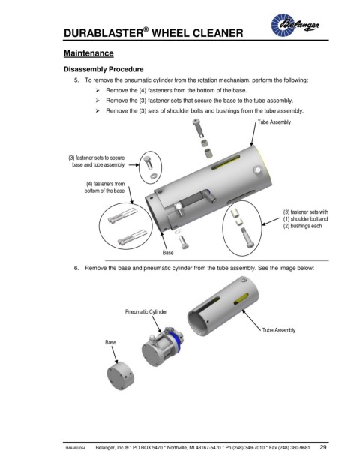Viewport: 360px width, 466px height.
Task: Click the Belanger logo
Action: [295, 25]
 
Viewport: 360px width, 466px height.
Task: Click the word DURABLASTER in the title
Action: [103, 33]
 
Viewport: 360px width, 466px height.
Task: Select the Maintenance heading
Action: [88, 53]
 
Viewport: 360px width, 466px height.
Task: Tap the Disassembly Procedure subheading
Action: [103, 69]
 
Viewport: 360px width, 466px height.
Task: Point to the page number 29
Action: [323, 447]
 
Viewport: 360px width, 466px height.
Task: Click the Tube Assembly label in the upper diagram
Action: [274, 122]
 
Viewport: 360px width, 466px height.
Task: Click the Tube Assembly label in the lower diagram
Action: [278, 330]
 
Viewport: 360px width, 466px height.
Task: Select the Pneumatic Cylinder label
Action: [145, 311]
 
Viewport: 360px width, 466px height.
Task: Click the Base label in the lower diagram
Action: [110, 342]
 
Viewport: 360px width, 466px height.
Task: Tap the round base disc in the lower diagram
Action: [120, 376]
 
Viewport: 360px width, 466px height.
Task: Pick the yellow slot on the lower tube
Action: [241, 299]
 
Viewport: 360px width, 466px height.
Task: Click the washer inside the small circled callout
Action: [153, 176]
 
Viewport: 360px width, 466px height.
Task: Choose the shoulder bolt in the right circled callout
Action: [248, 238]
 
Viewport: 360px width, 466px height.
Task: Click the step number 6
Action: [76, 268]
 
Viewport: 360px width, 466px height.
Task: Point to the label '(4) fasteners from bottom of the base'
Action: [104, 188]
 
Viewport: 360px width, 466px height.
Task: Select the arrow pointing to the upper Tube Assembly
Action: [253, 134]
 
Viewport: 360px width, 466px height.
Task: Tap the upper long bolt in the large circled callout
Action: [123, 215]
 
